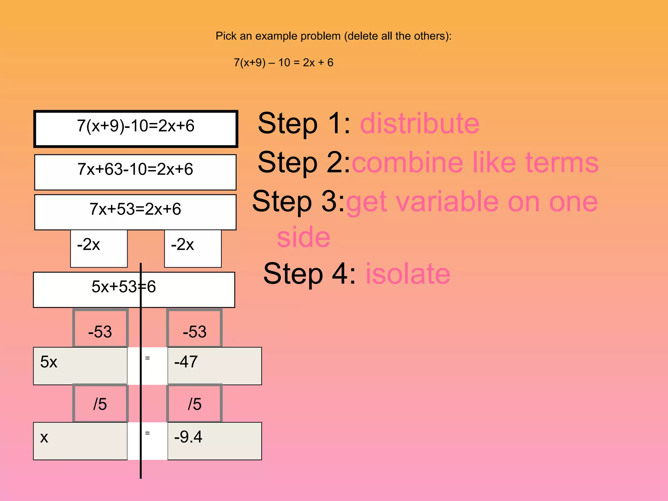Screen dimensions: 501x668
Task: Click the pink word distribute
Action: pyautogui.click(x=419, y=124)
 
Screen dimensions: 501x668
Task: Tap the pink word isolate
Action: pyautogui.click(x=408, y=274)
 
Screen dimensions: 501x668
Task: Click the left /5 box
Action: pyautogui.click(x=100, y=403)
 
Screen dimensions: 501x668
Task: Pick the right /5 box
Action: pyautogui.click(x=194, y=403)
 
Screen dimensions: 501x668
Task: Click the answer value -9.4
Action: pyautogui.click(x=188, y=437)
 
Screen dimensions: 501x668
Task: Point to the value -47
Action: pyautogui.click(x=186, y=362)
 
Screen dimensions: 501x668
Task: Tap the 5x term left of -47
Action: pyautogui.click(x=49, y=362)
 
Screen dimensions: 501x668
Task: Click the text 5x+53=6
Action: pyautogui.click(x=124, y=287)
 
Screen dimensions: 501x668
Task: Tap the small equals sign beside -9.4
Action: pyautogui.click(x=147, y=433)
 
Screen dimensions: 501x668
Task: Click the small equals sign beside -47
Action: pyautogui.click(x=147, y=358)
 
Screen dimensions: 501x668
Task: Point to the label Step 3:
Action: pyautogui.click(x=298, y=202)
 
